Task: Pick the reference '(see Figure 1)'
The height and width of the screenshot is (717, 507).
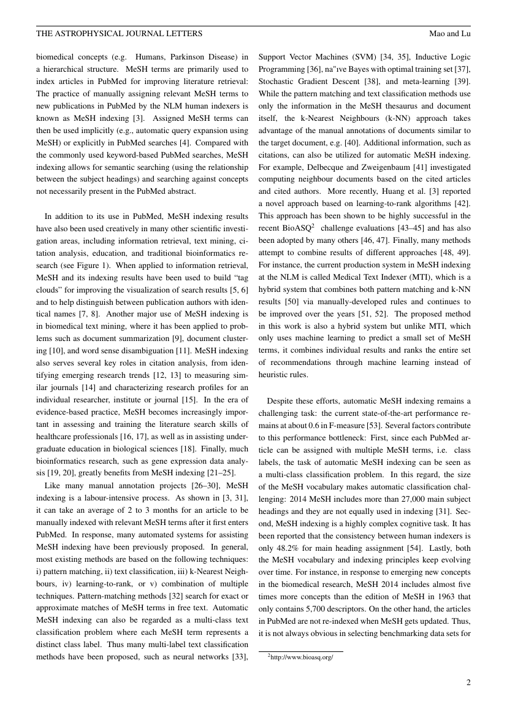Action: point(84,264)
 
